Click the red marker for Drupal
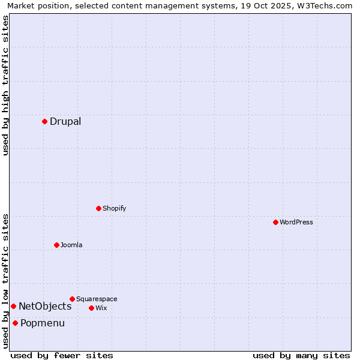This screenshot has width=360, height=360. [x=44, y=121]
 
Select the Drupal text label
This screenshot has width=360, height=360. [x=65, y=122]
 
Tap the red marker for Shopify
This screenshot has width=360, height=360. [x=98, y=208]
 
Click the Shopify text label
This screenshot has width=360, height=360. [x=114, y=209]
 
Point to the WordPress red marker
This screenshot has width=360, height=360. [x=275, y=222]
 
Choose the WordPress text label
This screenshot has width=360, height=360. [x=296, y=223]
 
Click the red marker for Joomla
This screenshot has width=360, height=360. [x=56, y=245]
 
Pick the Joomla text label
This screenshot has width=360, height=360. [x=71, y=245]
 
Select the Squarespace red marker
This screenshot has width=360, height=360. [x=72, y=299]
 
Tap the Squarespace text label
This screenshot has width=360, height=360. [x=97, y=299]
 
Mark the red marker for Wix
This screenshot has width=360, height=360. [x=91, y=308]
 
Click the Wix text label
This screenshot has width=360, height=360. [x=101, y=308]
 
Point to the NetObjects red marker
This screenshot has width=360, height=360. [x=13, y=306]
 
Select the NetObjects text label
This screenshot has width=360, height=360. [x=45, y=307]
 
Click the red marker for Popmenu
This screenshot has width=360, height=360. [x=15, y=323]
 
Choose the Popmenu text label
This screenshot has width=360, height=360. [x=43, y=323]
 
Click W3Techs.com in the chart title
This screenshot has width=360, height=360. [x=327, y=5]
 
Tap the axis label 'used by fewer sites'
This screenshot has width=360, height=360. [x=62, y=355]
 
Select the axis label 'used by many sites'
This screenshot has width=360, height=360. [x=301, y=355]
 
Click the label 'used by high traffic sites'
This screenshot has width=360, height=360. [x=5, y=85]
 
